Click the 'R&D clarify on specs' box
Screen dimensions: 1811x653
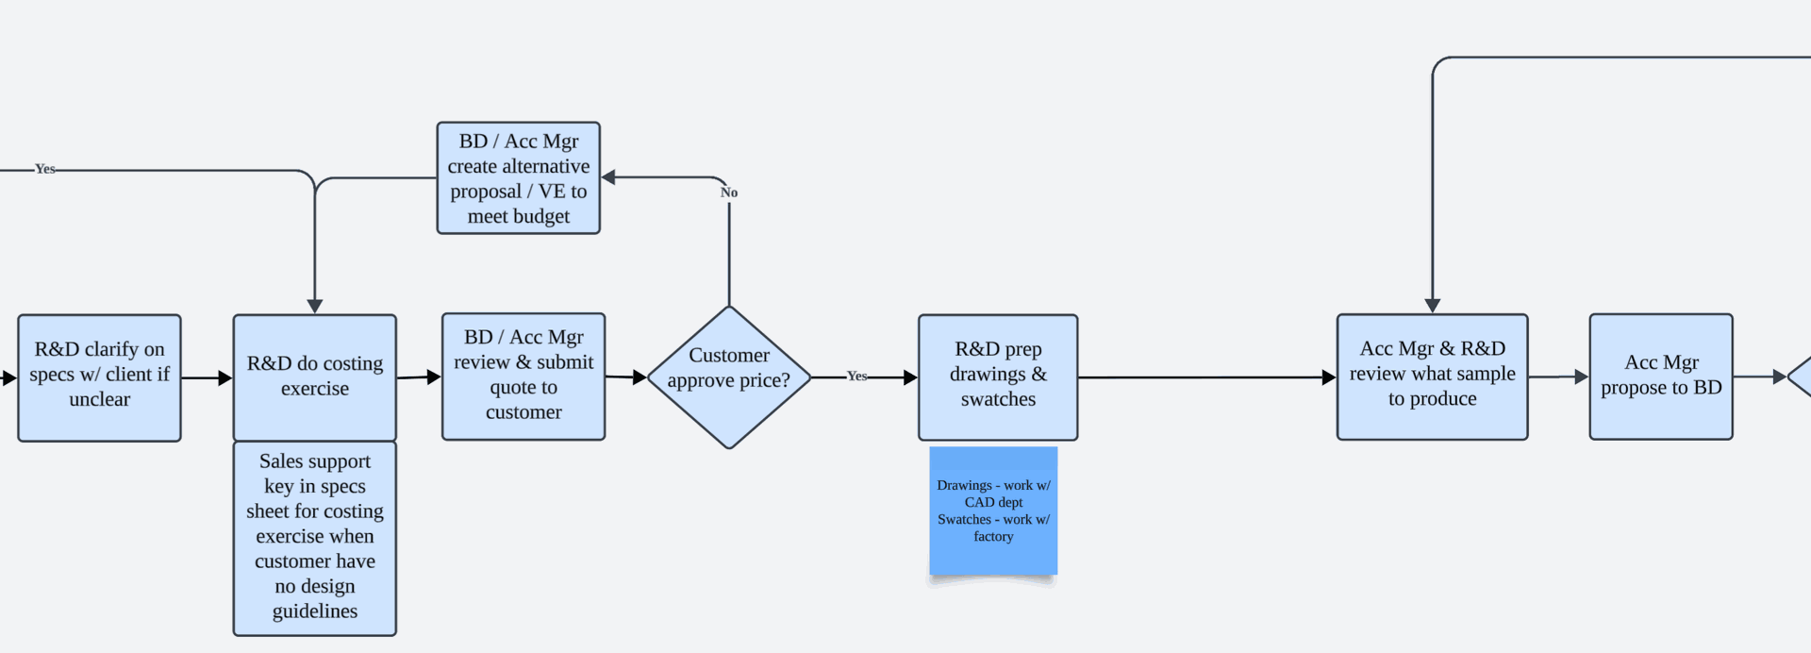(x=99, y=377)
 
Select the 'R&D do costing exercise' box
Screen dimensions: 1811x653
(x=315, y=377)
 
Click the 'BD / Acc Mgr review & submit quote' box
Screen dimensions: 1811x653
(x=523, y=377)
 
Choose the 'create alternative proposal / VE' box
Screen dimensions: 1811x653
(x=519, y=177)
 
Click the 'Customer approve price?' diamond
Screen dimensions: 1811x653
(x=729, y=377)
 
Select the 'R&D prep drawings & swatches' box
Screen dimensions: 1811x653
(x=998, y=377)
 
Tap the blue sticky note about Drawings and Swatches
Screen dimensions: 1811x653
(x=993, y=511)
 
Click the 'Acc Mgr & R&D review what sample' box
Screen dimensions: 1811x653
(x=1432, y=377)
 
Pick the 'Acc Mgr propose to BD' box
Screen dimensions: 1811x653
(x=1661, y=377)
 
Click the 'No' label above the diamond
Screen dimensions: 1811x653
(x=729, y=193)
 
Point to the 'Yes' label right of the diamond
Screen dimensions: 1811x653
(x=856, y=376)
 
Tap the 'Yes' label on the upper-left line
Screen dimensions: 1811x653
(x=45, y=169)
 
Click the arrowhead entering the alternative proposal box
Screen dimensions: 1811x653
(x=608, y=177)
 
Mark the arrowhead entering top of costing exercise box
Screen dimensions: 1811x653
(x=315, y=307)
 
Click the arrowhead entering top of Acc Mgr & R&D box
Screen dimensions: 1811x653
(x=1433, y=307)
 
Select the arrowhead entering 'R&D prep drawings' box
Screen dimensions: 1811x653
(x=910, y=377)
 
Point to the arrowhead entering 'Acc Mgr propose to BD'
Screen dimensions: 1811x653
(x=1582, y=377)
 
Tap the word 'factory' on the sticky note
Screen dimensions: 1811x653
(x=993, y=536)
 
